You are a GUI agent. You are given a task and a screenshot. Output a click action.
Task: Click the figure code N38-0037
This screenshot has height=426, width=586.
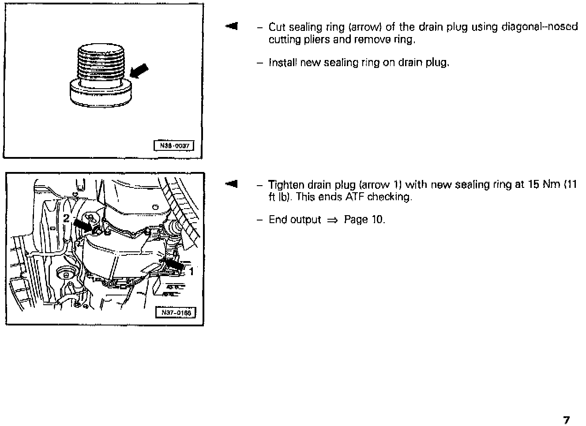(173, 146)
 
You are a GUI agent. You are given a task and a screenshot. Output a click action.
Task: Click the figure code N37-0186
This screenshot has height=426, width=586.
(176, 313)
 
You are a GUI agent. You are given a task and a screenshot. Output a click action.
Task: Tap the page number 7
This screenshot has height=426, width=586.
(567, 420)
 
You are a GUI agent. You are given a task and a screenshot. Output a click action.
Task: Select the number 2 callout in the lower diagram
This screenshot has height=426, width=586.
(67, 218)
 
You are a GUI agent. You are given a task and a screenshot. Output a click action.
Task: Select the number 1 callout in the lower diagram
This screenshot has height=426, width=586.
(192, 272)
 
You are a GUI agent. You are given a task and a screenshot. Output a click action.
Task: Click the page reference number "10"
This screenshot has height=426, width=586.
(378, 220)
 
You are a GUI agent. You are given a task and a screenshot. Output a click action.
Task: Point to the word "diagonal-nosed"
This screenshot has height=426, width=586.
(540, 27)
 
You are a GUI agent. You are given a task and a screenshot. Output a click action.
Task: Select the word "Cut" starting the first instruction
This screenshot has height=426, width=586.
(277, 27)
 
